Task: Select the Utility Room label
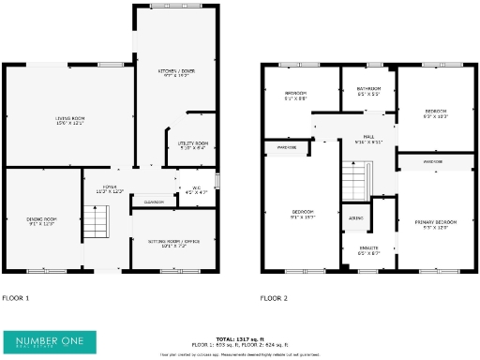[192, 144]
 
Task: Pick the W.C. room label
[197, 190]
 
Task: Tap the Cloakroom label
[154, 202]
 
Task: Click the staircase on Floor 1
[97, 223]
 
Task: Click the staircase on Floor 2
[354, 175]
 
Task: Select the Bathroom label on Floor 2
[368, 92]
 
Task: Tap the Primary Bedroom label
[432, 223]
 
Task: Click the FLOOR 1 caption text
[16, 298]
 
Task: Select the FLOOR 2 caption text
[274, 298]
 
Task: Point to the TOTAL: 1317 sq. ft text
[241, 339]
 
